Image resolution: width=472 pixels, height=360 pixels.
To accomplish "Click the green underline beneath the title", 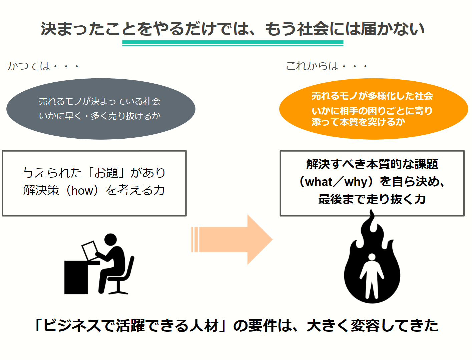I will [x=232, y=43].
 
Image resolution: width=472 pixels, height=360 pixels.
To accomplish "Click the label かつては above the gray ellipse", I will [x=29, y=66].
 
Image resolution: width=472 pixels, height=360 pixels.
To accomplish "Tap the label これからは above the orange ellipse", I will [x=312, y=66].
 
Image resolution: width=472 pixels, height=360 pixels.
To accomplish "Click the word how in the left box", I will [x=82, y=190].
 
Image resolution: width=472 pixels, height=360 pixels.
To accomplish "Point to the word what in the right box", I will [x=319, y=182].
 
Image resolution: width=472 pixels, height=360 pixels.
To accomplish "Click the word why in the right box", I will [x=356, y=182].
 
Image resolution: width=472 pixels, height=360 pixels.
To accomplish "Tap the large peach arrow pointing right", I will [x=233, y=239].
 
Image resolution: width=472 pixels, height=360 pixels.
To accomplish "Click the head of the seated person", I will [x=111, y=240].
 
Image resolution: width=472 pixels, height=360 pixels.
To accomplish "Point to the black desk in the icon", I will [x=76, y=277].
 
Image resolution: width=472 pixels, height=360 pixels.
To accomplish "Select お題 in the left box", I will [x=106, y=173].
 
